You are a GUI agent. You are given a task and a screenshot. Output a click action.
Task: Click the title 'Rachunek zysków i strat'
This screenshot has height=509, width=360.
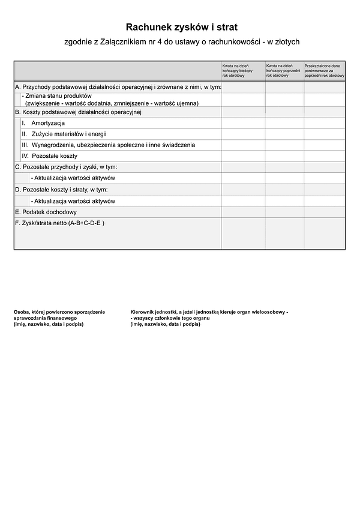[x=181, y=27]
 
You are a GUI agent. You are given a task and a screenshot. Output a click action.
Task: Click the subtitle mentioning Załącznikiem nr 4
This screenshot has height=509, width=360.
[x=181, y=42]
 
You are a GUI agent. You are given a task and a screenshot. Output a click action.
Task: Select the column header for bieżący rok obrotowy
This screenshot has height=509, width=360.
[x=242, y=70]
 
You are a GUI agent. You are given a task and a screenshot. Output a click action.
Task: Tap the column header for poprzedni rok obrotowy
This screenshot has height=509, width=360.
[x=284, y=70]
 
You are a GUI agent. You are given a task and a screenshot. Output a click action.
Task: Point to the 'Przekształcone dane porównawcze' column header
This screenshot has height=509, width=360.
[x=324, y=70]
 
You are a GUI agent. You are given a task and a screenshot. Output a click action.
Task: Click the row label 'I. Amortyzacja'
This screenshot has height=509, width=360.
[x=43, y=123]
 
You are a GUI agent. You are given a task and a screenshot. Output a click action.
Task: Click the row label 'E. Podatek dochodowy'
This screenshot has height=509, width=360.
[x=46, y=212]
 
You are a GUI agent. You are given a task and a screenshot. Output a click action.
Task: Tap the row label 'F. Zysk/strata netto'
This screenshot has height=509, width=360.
[x=59, y=223]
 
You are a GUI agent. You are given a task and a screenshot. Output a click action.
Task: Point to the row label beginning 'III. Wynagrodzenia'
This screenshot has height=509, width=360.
[x=108, y=145]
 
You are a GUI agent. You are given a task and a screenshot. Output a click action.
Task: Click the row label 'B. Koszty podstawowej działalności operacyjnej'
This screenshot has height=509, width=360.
[x=77, y=112]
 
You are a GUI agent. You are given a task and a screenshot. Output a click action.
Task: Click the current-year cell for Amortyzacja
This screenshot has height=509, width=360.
[x=243, y=123]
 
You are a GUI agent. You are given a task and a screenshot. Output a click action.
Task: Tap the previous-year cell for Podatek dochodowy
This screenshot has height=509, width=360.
[x=284, y=212]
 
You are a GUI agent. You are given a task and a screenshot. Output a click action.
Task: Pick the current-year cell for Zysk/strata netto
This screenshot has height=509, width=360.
[x=243, y=233]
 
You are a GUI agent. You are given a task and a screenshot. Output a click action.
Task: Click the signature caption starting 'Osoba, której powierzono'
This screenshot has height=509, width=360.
[x=59, y=318]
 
